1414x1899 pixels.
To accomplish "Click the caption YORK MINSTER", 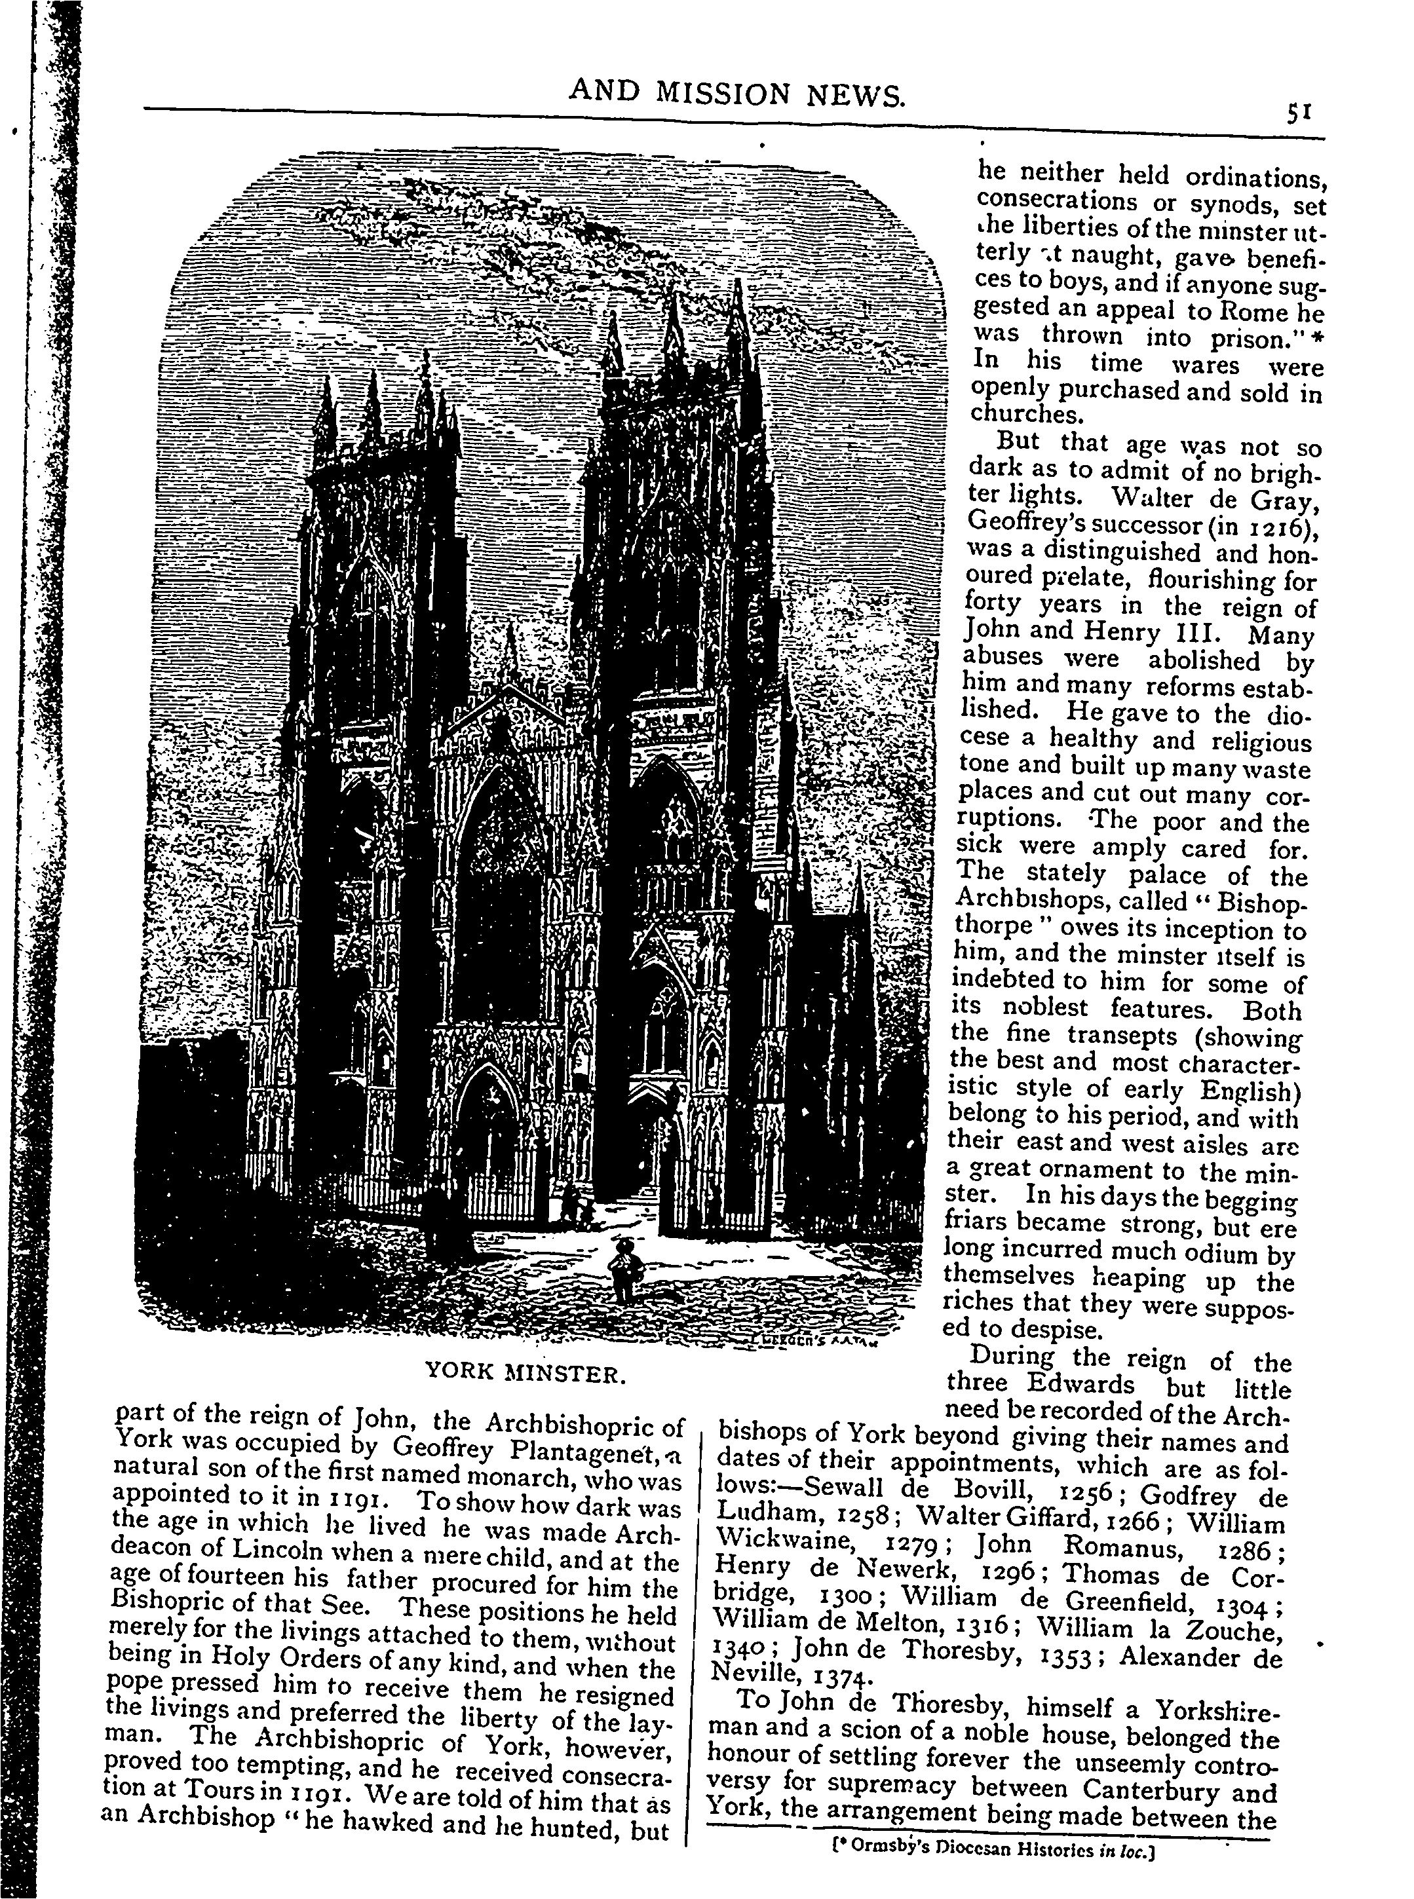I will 526,1374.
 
